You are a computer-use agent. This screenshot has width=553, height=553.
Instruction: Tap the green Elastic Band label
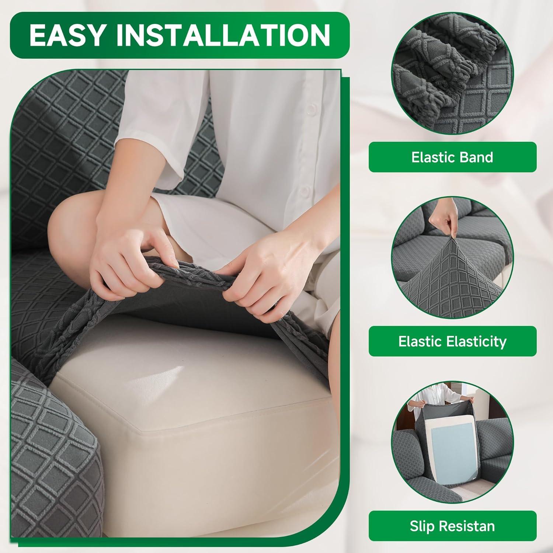(452, 157)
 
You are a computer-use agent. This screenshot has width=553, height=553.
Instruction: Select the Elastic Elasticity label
(452, 341)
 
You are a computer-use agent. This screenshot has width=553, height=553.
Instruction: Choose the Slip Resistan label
(452, 526)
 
